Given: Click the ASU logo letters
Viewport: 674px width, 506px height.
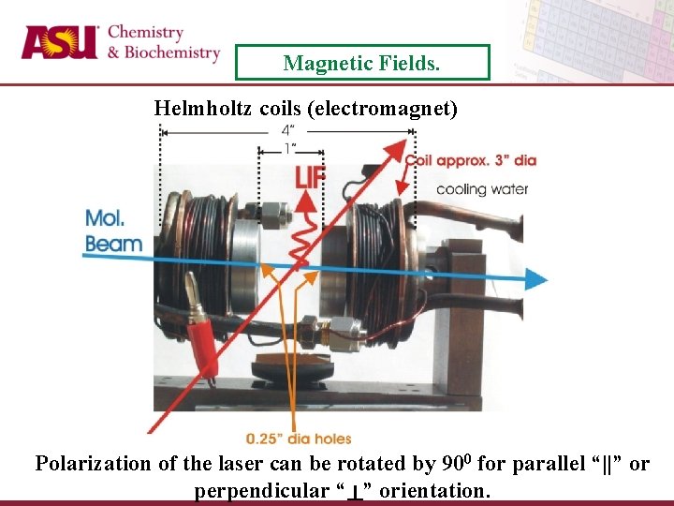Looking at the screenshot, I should (x=59, y=43).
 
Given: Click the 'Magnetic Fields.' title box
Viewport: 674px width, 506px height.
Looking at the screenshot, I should (x=362, y=63).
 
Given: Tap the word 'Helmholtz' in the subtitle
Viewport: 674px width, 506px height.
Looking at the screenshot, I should (x=203, y=109).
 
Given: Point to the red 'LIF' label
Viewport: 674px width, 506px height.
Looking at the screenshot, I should (x=311, y=177).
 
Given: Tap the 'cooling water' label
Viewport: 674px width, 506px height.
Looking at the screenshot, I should (x=481, y=189).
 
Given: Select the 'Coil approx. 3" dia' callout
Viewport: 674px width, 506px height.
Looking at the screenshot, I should (x=470, y=160).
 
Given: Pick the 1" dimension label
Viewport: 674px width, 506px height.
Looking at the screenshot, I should (x=290, y=149).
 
